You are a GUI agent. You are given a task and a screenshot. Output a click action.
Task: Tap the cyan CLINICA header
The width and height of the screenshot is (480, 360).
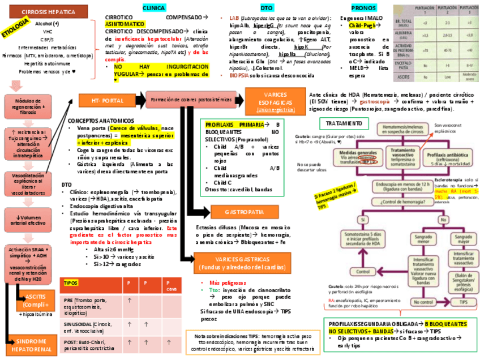point(154,8)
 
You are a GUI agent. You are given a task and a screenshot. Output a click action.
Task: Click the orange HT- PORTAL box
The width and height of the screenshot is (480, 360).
point(108,101)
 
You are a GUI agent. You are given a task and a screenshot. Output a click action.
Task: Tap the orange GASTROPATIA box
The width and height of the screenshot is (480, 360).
point(244,212)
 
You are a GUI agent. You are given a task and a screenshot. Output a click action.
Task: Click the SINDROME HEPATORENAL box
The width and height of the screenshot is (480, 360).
point(32,345)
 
